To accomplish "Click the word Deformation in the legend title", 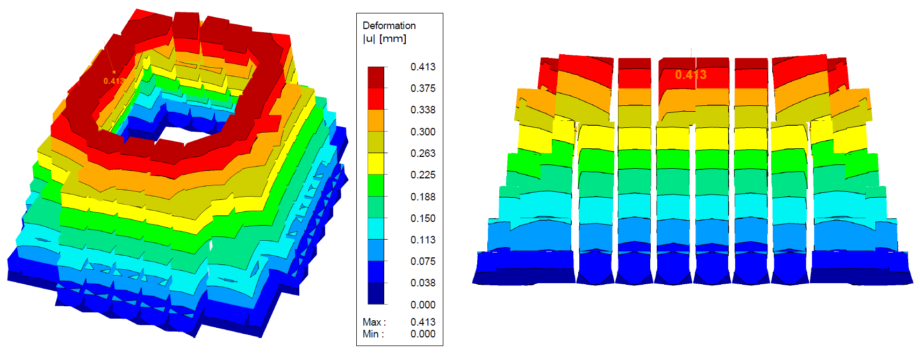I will click(x=389, y=25).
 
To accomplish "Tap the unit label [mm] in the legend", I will click(x=393, y=39).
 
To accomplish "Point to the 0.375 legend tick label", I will click(x=423, y=88).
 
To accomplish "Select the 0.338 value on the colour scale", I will click(x=423, y=110).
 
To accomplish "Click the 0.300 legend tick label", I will click(x=423, y=132).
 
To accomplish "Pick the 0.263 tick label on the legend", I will click(x=423, y=153).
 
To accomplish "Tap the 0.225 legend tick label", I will click(x=423, y=175).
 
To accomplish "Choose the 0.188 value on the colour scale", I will click(x=423, y=197).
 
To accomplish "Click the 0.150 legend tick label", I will click(x=423, y=218).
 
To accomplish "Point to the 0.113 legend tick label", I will click(x=423, y=240).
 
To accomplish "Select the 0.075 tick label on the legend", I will click(x=423, y=261).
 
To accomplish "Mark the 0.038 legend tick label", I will click(x=423, y=283).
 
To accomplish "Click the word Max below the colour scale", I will click(x=372, y=322).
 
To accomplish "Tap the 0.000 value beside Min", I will click(x=423, y=334).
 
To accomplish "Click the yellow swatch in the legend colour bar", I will click(x=376, y=163).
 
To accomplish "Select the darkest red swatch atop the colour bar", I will click(x=376, y=77).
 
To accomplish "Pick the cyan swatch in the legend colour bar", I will click(x=376, y=228).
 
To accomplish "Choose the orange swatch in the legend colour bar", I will click(x=376, y=120).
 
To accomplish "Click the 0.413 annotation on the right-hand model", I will click(x=691, y=75).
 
